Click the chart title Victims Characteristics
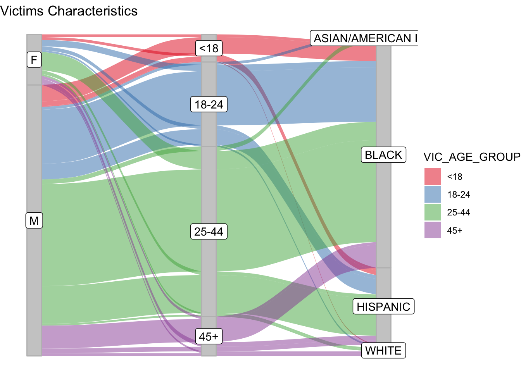point(69,11)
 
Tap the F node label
point(34,60)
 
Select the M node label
point(34,221)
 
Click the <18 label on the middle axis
point(209,48)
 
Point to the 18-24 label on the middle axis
point(209,105)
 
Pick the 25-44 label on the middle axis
point(209,232)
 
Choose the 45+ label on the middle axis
point(209,337)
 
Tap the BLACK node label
point(383,155)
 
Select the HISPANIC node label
point(383,307)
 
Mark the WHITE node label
point(383,351)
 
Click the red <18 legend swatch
point(432,177)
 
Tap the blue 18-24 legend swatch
point(432,195)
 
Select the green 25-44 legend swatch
point(432,212)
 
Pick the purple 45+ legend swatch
point(432,230)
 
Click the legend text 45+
point(455,231)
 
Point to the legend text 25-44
point(459,213)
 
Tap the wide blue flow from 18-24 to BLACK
point(295,93)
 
